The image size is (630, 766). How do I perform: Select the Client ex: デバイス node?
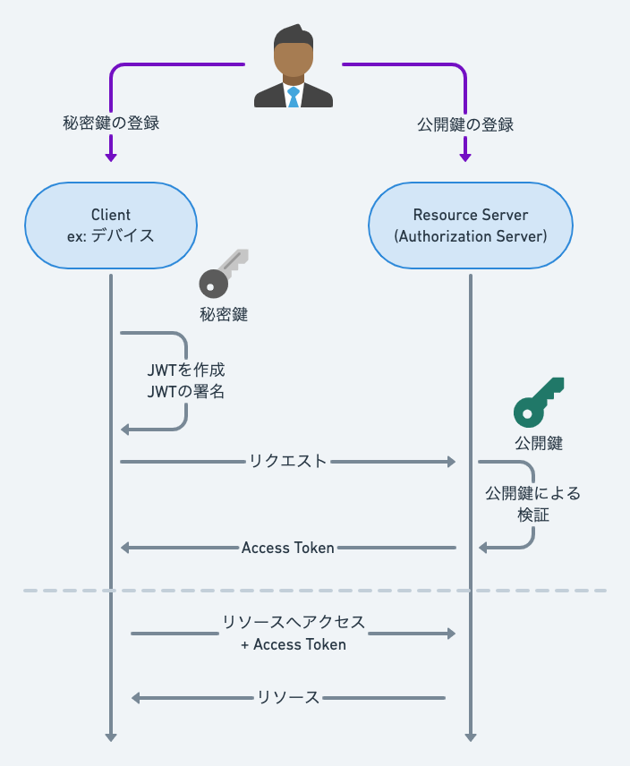pos(111,226)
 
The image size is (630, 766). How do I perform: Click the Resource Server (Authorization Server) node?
pos(471,226)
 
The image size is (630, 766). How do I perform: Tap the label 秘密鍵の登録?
pos(111,124)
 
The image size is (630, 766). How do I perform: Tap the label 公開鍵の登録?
pos(465,124)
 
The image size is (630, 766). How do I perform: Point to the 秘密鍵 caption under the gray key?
pos(223,314)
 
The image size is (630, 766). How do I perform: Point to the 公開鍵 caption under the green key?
pos(538,442)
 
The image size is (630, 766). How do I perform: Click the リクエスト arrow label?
pos(288,462)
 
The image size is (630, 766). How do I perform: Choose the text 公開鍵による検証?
pos(532,504)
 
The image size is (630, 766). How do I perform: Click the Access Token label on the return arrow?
pos(288,548)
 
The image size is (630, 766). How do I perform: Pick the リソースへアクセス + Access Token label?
pos(294,633)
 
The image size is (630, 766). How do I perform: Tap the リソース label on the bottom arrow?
pos(288,698)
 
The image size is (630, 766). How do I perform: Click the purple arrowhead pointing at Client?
pos(111,157)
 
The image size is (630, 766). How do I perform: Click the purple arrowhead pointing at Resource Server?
pos(465,157)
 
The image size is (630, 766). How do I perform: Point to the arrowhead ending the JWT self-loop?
pos(125,430)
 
